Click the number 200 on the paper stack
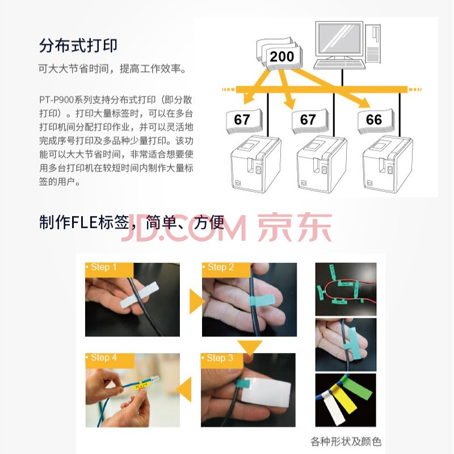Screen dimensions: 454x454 pos(281,56)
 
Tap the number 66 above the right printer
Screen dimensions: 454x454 pos(374,120)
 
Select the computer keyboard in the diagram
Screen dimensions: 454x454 pos(339,64)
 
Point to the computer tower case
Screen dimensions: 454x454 pos(373,44)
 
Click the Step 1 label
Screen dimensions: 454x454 pos(104,267)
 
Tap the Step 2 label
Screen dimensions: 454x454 pos(221,267)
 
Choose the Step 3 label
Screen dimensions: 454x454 pos(220,358)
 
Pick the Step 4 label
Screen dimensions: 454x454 pos(104,358)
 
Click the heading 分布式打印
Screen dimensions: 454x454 pos(78,45)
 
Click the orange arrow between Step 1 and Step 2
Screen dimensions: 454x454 pos(196,301)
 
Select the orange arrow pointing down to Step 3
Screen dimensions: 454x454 pos(250,347)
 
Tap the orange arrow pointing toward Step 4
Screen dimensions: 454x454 pos(184,389)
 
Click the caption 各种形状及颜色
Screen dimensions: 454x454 pos(346,442)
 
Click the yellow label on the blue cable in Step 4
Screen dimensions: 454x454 pos(140,386)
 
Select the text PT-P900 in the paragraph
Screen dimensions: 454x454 pos(56,100)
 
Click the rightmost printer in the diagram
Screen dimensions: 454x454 pos(388,164)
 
